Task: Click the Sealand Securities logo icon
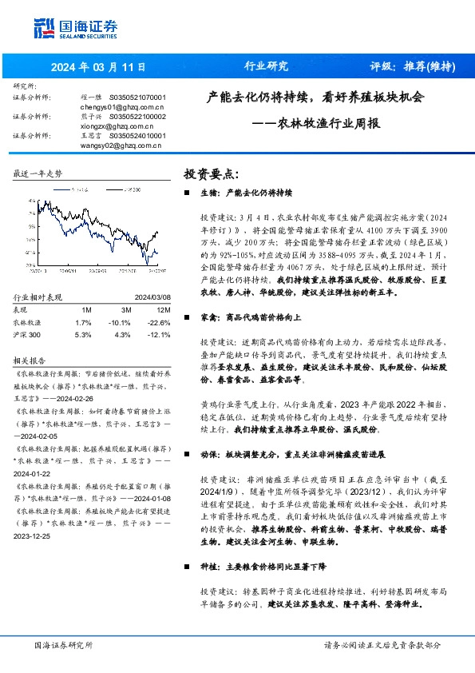(43, 28)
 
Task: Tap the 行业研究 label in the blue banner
(265, 66)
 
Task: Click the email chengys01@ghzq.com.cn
(122, 106)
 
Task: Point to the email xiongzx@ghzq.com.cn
(118, 126)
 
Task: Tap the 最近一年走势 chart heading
(38, 173)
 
